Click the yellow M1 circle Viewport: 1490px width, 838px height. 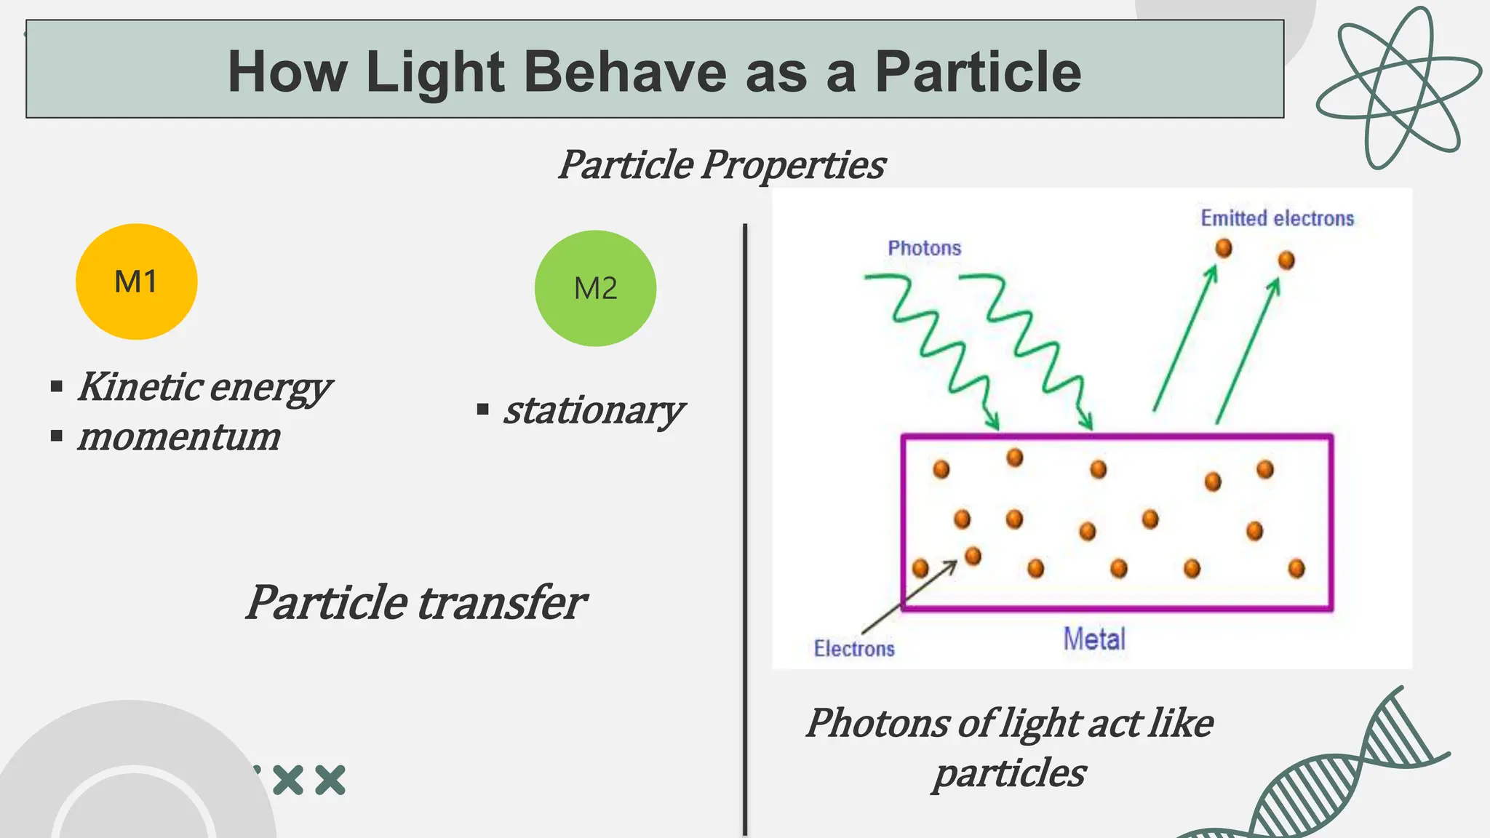pos(136,282)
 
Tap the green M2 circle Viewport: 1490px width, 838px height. pos(595,288)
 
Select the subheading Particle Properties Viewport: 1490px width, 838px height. pos(721,164)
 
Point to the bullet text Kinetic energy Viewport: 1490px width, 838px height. pos(204,386)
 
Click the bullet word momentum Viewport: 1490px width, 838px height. pos(179,436)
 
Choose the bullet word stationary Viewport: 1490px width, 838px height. pos(593,410)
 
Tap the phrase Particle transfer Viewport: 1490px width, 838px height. pos(415,602)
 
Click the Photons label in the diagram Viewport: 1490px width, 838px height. pos(924,248)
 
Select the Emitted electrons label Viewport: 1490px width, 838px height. pos(1277,218)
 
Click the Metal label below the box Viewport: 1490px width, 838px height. pos(1093,639)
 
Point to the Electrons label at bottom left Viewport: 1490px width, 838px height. pos(854,648)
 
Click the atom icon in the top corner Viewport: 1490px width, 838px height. pos(1398,87)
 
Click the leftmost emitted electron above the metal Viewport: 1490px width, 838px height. pos(1224,248)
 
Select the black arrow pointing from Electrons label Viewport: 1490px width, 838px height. pos(909,596)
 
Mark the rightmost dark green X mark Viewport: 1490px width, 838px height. pos(330,780)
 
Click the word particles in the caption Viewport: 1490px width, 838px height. pos(1009,773)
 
